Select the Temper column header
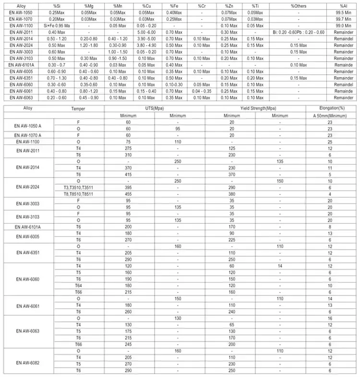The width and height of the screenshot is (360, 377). (78, 108)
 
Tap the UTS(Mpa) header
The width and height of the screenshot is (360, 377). (155, 108)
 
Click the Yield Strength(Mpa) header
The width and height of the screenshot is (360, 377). (255, 108)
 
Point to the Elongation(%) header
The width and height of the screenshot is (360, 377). (330, 108)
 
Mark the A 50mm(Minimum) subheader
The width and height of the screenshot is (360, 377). (330, 116)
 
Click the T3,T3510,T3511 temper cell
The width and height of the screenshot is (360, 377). (78, 188)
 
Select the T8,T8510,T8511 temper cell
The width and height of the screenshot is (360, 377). (78, 194)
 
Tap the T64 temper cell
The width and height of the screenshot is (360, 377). (78, 285)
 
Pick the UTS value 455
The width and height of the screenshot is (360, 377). (128, 194)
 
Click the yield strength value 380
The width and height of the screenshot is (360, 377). (231, 194)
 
